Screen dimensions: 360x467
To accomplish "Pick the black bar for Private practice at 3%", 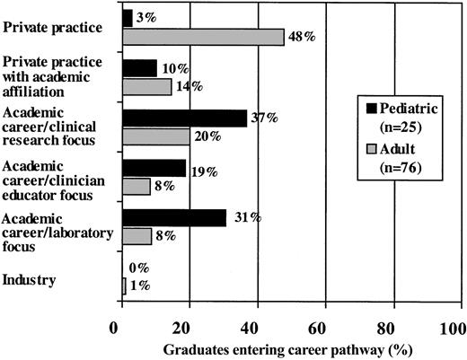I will pyautogui.click(x=127, y=17).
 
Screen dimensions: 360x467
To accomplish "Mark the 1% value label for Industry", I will pyautogui.click(x=137, y=285).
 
